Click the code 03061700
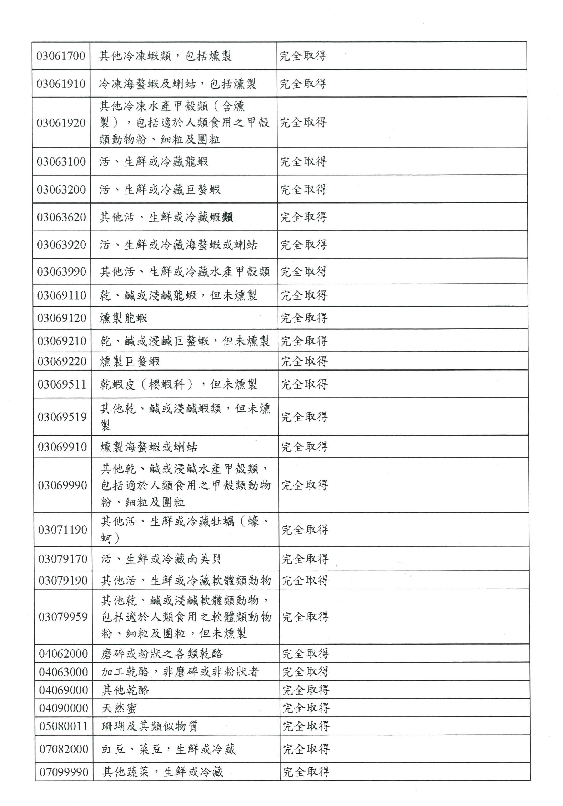[x=61, y=56]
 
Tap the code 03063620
[x=61, y=217]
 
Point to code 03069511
[x=62, y=384]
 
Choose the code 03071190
[x=62, y=529]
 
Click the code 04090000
[x=64, y=708]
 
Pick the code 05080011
[x=64, y=726]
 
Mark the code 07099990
[x=64, y=772]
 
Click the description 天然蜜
[x=119, y=708]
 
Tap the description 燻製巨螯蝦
[x=130, y=361]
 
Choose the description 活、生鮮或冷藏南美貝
[x=161, y=559]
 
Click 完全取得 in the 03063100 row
[x=303, y=161]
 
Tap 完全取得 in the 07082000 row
[x=306, y=749]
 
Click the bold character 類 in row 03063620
[x=227, y=217]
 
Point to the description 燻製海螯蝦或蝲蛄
[x=149, y=447]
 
